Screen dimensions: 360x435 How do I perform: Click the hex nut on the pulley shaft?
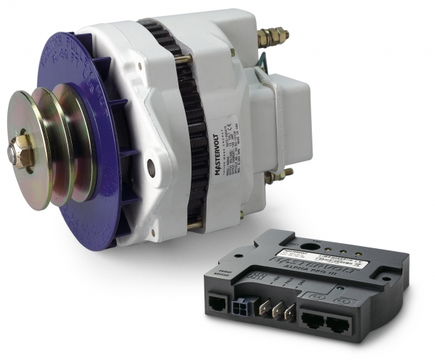tap(22, 150)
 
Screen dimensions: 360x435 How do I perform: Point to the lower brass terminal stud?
tap(278, 175)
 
